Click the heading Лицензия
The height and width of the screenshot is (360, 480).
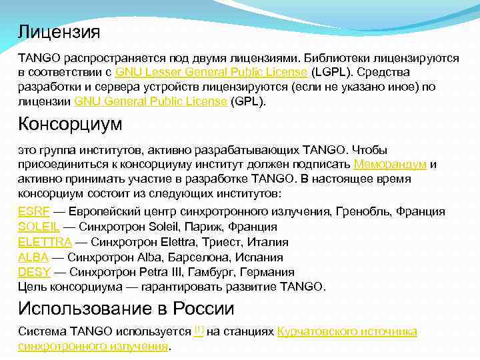click(59, 31)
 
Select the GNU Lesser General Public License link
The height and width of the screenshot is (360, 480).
click(211, 72)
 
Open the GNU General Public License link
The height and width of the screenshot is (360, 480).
click(151, 101)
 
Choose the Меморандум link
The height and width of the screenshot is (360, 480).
click(390, 164)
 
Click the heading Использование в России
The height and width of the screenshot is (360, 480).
click(126, 309)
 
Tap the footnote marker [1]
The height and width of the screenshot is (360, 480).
click(199, 329)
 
